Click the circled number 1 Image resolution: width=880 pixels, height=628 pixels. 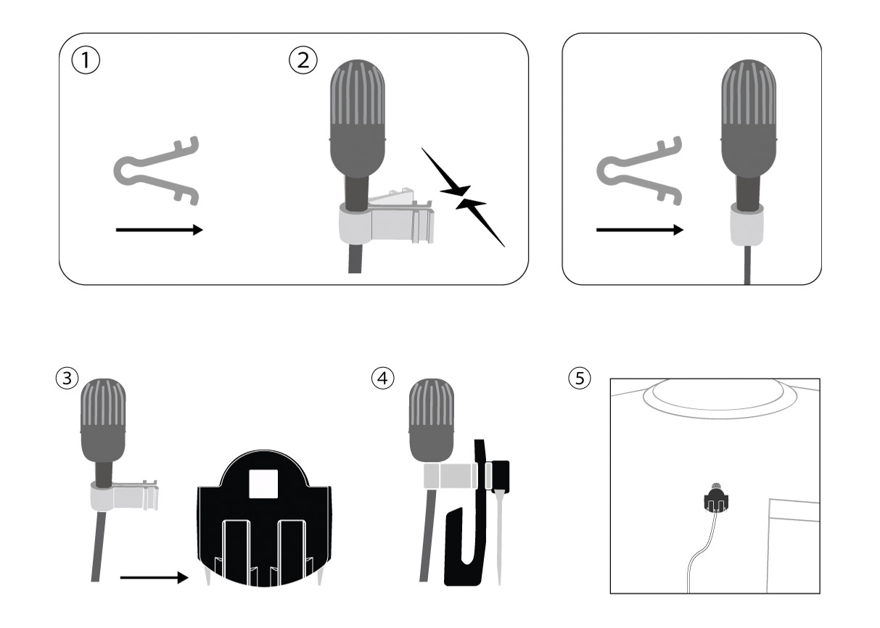click(86, 60)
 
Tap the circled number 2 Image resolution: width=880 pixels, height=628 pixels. click(303, 60)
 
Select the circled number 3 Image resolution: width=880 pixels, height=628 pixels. click(67, 379)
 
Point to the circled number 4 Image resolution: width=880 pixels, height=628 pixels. click(382, 379)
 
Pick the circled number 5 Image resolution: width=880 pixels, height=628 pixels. click(580, 379)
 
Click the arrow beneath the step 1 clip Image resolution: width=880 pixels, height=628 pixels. click(160, 230)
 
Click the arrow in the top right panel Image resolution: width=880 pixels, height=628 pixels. click(640, 230)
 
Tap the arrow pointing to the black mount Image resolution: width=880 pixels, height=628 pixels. click(155, 577)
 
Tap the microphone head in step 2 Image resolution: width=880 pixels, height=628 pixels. click(358, 117)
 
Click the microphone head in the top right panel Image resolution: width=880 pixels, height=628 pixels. click(749, 117)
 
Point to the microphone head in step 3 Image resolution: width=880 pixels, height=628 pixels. click(103, 420)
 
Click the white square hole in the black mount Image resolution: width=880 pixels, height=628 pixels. click(263, 484)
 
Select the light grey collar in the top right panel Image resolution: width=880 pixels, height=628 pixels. click(747, 225)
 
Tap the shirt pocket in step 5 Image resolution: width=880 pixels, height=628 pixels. click(794, 546)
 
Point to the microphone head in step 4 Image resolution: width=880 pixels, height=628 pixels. click(432, 420)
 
